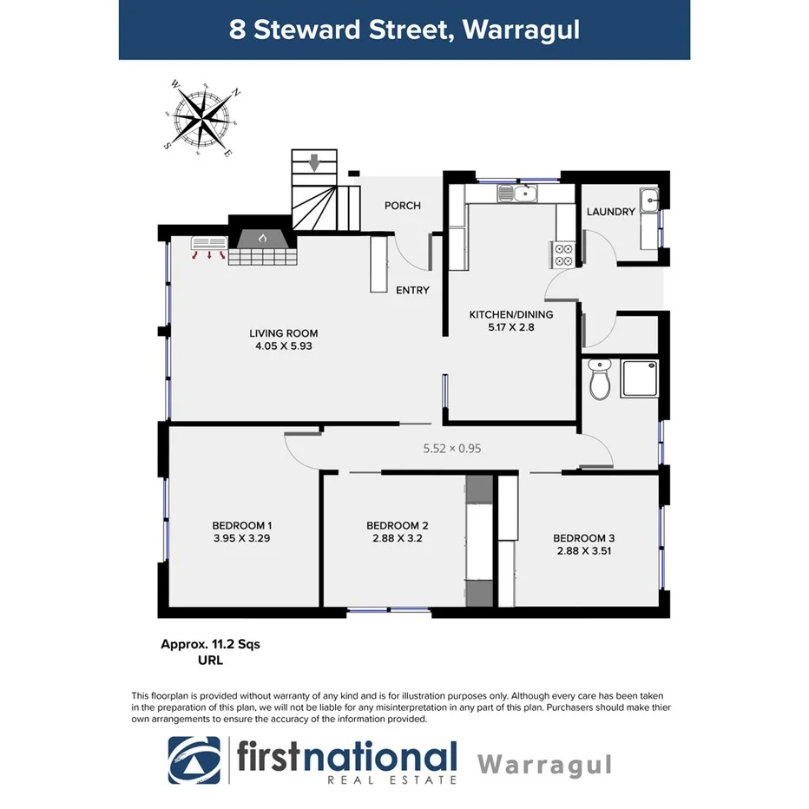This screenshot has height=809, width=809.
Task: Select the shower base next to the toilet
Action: click(640, 379)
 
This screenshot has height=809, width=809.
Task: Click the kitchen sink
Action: click(517, 193)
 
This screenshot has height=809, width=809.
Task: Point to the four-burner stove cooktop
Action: click(562, 254)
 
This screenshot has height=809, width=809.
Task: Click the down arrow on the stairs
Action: click(314, 161)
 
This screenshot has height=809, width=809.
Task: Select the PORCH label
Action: click(403, 206)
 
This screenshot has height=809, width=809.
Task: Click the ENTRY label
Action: click(412, 290)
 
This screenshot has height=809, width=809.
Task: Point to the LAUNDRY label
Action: click(611, 212)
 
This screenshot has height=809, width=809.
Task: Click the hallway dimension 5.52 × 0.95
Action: click(451, 449)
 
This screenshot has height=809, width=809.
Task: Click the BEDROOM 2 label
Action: click(398, 525)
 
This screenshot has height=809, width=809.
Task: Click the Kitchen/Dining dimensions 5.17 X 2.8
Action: click(511, 328)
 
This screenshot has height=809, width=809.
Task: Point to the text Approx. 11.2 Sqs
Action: click(210, 644)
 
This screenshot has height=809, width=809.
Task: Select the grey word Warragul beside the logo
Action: click(545, 765)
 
